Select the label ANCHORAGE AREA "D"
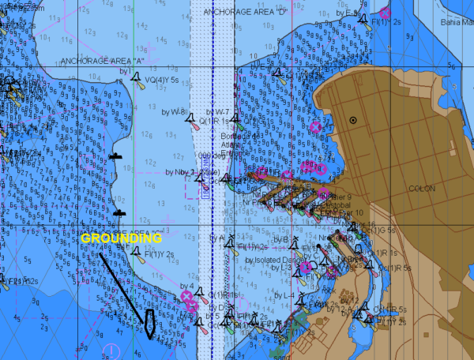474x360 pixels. tap(240, 13)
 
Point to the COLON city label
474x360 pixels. tap(422, 189)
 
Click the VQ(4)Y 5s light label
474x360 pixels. tap(163, 79)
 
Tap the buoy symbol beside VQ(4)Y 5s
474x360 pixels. tap(139, 80)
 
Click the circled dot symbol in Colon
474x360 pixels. tap(353, 120)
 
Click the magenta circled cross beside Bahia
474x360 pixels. tap(385, 13)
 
